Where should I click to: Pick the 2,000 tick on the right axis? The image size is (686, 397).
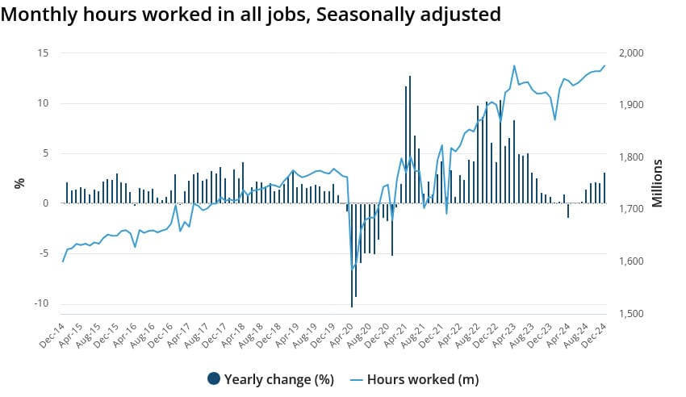[x=630, y=53]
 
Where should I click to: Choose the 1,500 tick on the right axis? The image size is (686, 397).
[x=630, y=314]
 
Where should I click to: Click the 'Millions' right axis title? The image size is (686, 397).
[x=657, y=183]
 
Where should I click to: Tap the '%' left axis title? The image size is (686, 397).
[x=19, y=183]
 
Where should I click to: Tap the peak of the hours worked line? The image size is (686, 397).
[x=514, y=66]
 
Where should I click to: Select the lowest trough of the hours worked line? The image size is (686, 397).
[x=352, y=268]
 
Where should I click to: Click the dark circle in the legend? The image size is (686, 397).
[x=214, y=378]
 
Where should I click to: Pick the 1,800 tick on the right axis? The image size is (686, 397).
[x=630, y=157]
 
